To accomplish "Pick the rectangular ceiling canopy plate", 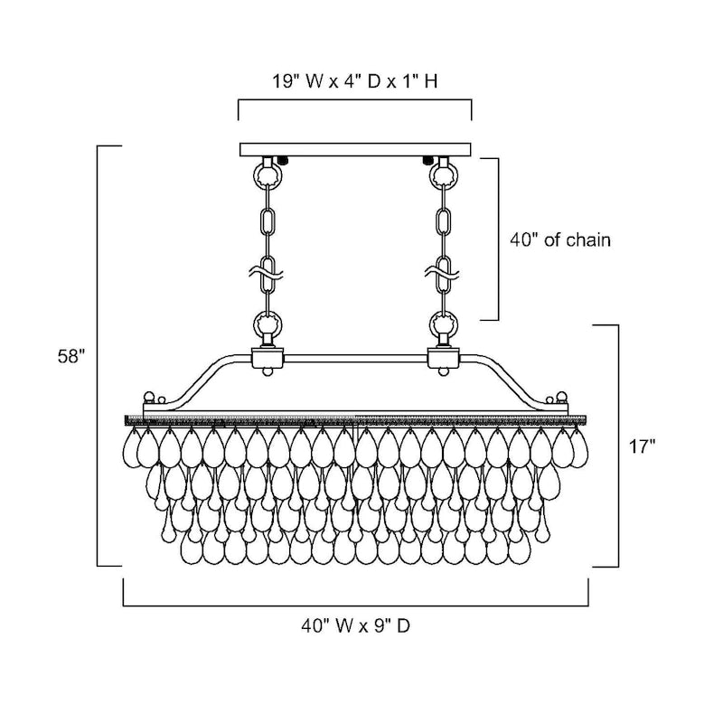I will pos(355,149).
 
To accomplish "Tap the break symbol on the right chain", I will pos(443,268).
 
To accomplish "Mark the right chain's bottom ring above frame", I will pos(443,322).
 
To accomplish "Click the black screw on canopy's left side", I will pos(284,160).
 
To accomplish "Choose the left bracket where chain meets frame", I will pos(268,359).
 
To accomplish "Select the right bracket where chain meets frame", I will pos(443,359).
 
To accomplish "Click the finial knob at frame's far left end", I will pos(148,398).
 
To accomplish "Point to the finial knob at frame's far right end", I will pos(563,398).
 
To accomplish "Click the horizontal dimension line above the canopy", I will pos(355,100).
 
